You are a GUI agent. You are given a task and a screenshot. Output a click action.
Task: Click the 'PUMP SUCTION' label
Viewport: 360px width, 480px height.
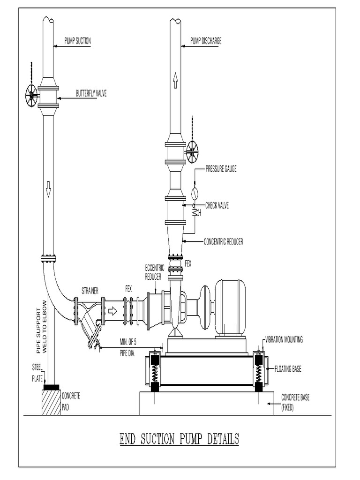78,41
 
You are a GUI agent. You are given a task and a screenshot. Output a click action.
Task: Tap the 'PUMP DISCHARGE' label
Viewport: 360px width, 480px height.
206,41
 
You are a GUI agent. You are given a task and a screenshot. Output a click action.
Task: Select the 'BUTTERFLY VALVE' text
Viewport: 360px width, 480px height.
91,94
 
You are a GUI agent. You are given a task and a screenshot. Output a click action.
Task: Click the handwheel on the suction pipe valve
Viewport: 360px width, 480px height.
31,96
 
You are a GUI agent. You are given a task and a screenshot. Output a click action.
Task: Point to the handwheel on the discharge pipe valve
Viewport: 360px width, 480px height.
192,150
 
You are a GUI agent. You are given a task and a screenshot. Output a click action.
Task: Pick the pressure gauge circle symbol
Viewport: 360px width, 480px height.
195,193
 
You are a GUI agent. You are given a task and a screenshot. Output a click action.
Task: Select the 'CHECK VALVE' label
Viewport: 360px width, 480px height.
217,205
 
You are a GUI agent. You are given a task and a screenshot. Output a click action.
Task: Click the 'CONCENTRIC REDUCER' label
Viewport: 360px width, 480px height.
224,242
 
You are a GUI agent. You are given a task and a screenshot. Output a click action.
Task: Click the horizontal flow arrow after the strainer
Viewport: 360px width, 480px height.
113,310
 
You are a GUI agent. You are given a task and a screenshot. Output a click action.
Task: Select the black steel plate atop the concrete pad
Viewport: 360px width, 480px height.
52,387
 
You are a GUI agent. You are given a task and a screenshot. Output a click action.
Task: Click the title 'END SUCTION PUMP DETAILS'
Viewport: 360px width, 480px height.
179,439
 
